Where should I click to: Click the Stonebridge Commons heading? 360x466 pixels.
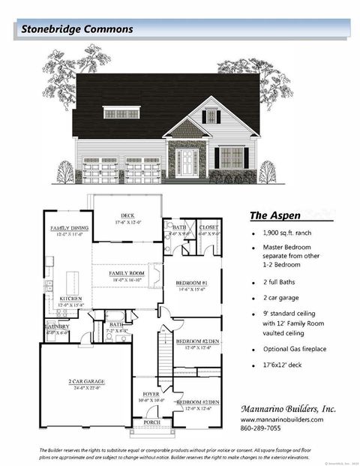tap(77, 29)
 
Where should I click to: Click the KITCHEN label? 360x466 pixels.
tap(64, 298)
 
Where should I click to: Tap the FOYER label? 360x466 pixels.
tap(151, 394)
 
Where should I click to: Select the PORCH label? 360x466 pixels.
tap(152, 422)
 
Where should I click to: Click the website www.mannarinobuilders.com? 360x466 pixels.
tap(283, 419)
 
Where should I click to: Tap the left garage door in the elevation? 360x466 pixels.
tap(99, 170)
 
